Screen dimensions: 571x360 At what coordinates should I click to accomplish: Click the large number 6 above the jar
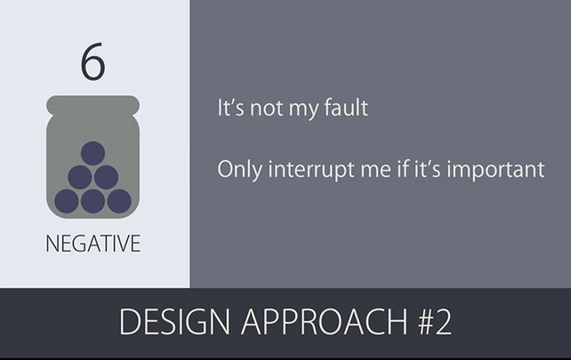tap(92, 61)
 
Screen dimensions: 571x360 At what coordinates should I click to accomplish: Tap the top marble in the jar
tap(92, 153)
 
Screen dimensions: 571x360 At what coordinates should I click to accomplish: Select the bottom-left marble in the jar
tap(67, 201)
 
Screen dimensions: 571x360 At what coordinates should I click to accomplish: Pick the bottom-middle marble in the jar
tap(92, 201)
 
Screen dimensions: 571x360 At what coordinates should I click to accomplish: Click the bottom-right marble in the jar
tap(119, 201)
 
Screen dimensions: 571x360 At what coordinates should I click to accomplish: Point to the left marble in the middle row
tap(80, 177)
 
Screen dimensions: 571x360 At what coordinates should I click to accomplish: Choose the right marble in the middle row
tap(106, 177)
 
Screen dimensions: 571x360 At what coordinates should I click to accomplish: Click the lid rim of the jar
tap(92, 105)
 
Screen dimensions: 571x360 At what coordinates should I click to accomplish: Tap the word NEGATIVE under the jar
tap(92, 244)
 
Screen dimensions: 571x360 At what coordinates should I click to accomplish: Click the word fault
tap(346, 108)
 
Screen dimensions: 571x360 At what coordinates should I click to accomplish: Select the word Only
tap(239, 170)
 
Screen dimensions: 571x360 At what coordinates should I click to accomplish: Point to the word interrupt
tap(311, 170)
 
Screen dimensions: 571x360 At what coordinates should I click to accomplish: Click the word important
tap(495, 170)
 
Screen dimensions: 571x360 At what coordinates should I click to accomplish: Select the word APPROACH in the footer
tap(324, 322)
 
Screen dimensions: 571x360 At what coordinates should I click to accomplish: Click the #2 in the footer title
tap(435, 322)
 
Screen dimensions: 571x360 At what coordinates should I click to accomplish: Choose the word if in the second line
tap(402, 169)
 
